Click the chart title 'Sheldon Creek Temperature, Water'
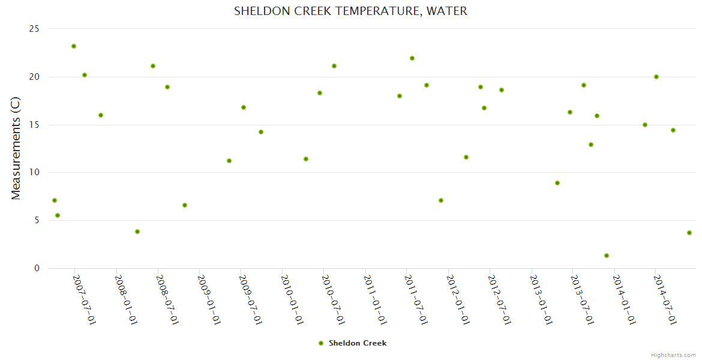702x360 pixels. point(350,11)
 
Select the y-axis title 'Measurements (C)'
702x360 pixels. point(16,148)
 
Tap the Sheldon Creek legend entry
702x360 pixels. point(353,343)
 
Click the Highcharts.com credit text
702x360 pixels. point(673,355)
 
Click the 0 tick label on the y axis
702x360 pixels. point(37,268)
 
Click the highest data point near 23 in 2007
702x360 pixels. point(74,46)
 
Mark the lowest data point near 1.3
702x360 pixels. point(607,256)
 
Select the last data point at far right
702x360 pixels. point(689,233)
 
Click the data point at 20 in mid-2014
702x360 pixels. point(656,77)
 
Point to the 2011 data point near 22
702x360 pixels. point(412,58)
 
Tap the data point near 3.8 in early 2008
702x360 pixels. point(137,232)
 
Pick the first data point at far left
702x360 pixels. point(55,200)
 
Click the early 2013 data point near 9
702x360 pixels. point(557,183)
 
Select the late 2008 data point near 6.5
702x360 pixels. point(185,205)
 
